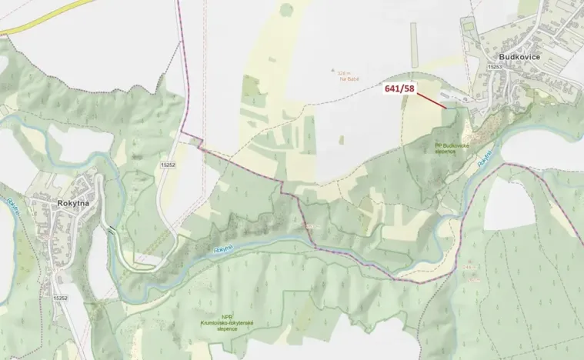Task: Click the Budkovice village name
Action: [519, 57]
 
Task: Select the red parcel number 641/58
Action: [399, 89]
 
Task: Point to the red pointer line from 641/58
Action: [432, 100]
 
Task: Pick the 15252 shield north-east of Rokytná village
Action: [168, 165]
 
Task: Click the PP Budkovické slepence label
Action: [450, 148]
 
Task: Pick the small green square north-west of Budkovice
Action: [286, 10]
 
